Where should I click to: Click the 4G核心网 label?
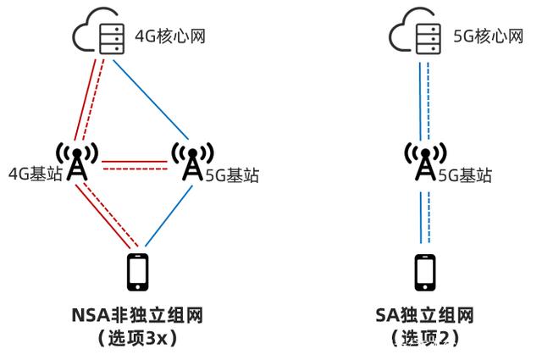[170, 36]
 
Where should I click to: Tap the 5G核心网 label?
[488, 36]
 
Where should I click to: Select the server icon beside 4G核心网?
[112, 38]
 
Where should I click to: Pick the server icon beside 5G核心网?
[429, 38]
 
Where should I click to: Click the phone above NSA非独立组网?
[138, 272]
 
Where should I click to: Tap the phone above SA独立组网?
[425, 272]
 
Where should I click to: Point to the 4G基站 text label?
[36, 174]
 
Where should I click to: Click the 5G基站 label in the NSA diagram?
[232, 175]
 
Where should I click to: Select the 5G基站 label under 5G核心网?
[465, 175]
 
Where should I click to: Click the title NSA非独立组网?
[137, 315]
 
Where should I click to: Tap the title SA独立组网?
[425, 315]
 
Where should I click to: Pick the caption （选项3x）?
[137, 338]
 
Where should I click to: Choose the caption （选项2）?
[425, 338]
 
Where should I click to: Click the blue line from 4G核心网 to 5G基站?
[151, 100]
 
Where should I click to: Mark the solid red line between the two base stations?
[135, 162]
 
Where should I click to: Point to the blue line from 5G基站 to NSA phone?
[169, 216]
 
